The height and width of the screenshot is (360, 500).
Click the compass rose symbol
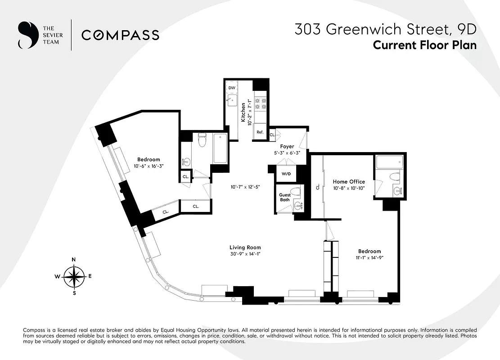74,276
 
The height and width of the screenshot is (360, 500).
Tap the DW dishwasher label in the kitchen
232,88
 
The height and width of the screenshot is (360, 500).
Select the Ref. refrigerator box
260,132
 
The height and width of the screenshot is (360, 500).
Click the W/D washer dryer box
286,174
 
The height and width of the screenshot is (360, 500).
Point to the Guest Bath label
285,197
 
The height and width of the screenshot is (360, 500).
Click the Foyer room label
287,147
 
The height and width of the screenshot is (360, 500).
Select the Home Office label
349,182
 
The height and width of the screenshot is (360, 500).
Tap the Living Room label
245,247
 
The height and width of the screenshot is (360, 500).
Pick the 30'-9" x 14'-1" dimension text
245,254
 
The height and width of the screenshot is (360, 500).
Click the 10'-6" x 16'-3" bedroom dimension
149,166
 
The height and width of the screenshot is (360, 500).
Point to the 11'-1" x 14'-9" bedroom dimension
369,258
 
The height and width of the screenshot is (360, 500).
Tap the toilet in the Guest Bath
296,191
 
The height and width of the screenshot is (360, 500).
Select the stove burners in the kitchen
261,104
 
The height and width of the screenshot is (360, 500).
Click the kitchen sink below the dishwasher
232,99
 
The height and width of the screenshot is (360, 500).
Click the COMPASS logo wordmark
120,35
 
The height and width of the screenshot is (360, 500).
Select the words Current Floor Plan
424,45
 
